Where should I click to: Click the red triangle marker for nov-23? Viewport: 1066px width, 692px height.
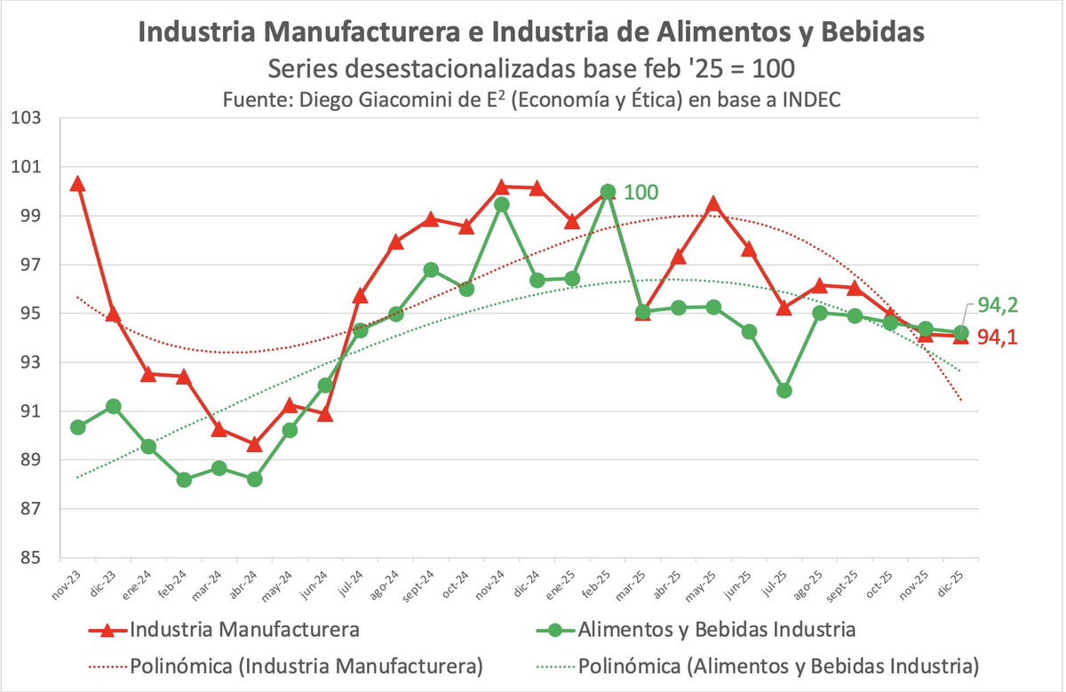pyautogui.click(x=77, y=184)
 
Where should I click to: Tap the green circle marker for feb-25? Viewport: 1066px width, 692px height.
pyautogui.click(x=608, y=191)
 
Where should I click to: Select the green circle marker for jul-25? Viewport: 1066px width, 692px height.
pyautogui.click(x=784, y=390)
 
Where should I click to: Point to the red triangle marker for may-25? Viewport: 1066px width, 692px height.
pyautogui.click(x=712, y=205)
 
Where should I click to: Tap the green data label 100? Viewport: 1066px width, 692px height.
pyautogui.click(x=640, y=192)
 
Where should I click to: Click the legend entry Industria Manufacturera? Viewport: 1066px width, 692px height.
pyautogui.click(x=244, y=630)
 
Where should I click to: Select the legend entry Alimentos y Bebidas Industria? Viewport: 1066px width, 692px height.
pyautogui.click(x=716, y=630)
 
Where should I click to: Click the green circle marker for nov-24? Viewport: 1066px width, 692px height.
pyautogui.click(x=501, y=204)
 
